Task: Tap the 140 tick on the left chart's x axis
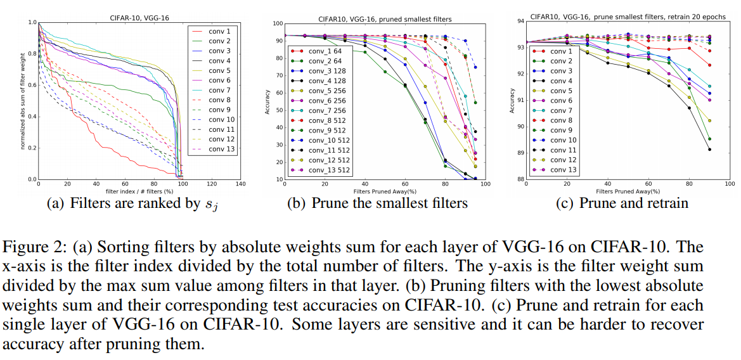pyautogui.click(x=240, y=185)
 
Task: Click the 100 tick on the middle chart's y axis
pyautogui.click(x=276, y=24)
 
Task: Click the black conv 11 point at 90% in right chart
pyautogui.click(x=709, y=150)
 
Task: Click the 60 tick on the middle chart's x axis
pyautogui.click(x=405, y=185)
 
